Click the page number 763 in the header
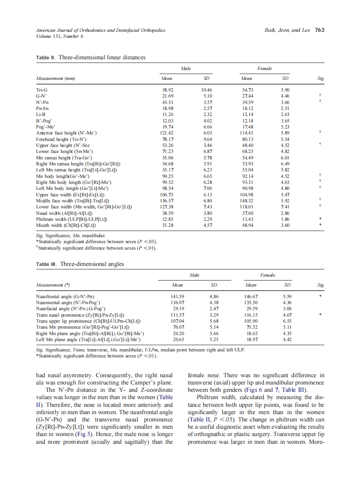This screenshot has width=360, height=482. coord(320,30)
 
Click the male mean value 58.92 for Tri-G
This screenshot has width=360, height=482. coord(167,89)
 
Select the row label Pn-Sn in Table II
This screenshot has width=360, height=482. coord(43,109)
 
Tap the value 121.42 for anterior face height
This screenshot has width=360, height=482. coord(166,133)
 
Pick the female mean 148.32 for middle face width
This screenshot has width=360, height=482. coord(247,200)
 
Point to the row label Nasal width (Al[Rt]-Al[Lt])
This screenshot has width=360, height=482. coord(64,213)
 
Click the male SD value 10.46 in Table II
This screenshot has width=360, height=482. coord(207,89)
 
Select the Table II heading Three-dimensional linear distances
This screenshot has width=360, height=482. coord(102,57)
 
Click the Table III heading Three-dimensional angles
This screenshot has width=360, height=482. coord(92,264)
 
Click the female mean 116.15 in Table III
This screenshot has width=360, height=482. coord(250,314)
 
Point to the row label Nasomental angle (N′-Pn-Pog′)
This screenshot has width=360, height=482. coord(68,302)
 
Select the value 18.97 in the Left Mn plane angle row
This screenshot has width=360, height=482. coord(250,339)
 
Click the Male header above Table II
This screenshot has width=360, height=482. coord(186,68)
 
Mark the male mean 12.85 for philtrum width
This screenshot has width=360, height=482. coord(167,219)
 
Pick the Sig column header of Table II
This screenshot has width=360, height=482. coord(320,79)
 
